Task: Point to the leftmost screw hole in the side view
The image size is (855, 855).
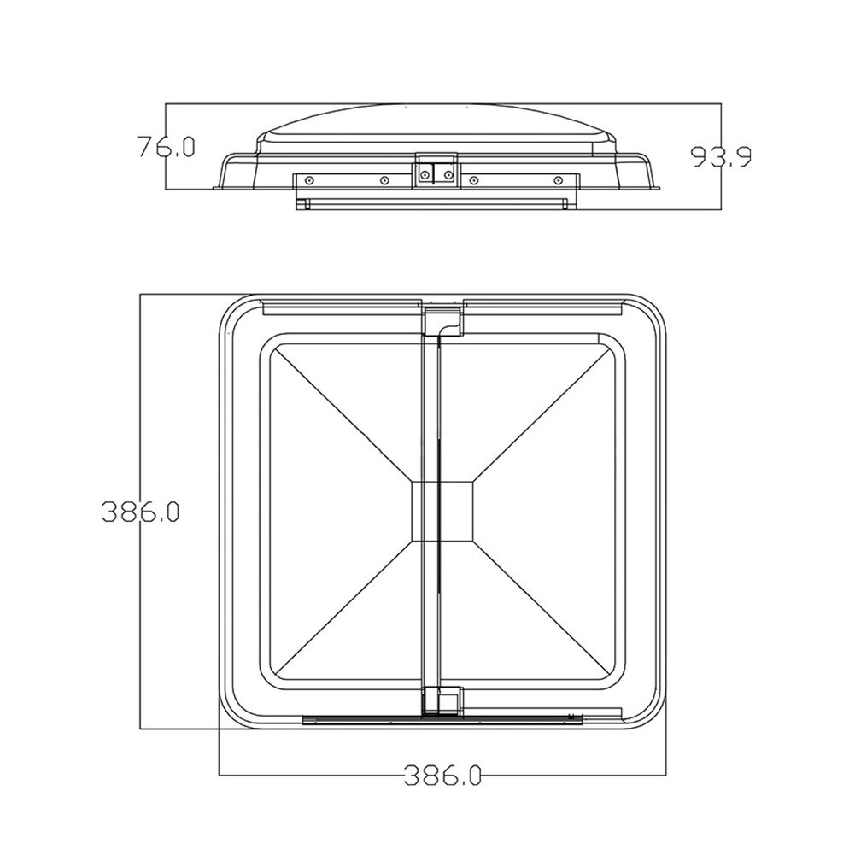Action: click(309, 180)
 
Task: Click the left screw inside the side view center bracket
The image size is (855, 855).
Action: click(426, 174)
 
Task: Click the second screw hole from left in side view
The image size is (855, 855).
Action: click(385, 180)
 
